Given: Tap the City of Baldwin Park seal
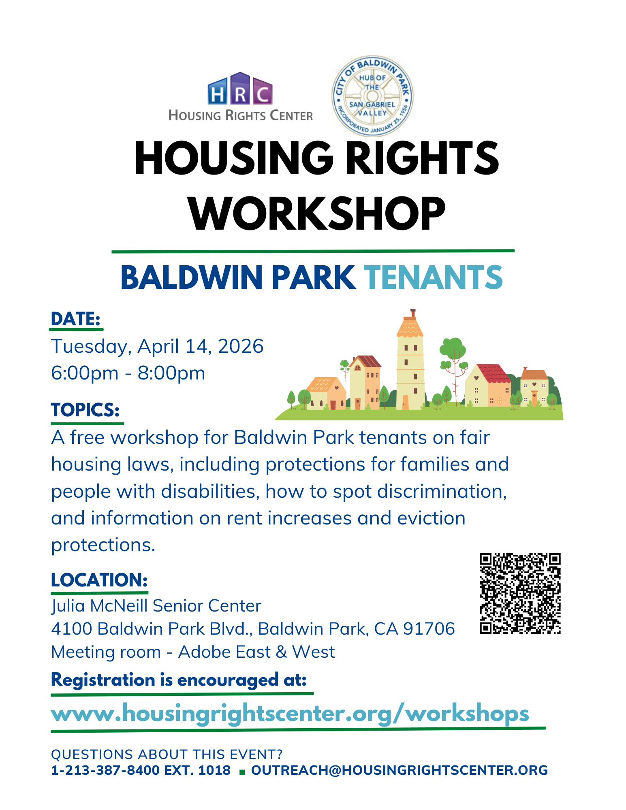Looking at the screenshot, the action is coord(372,96).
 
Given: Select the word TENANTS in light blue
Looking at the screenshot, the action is coord(433,277).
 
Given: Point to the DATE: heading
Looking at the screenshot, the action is coord(76,319).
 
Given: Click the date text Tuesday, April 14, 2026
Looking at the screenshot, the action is coord(157,346).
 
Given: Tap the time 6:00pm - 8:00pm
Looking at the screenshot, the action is coord(128,373).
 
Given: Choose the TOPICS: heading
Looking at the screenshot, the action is coord(85,410).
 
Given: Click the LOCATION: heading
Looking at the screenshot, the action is coord(99,580).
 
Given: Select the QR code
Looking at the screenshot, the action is coord(520,593).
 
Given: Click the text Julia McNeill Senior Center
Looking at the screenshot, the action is coord(156,606).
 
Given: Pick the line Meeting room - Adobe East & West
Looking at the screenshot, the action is coord(193,652).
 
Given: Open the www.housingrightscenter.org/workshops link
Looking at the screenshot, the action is coord(290,714).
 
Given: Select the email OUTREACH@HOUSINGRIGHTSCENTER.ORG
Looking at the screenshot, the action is coord(400,770).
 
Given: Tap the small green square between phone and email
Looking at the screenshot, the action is coord(242,772).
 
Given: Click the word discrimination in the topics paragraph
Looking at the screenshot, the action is coord(442,491).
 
